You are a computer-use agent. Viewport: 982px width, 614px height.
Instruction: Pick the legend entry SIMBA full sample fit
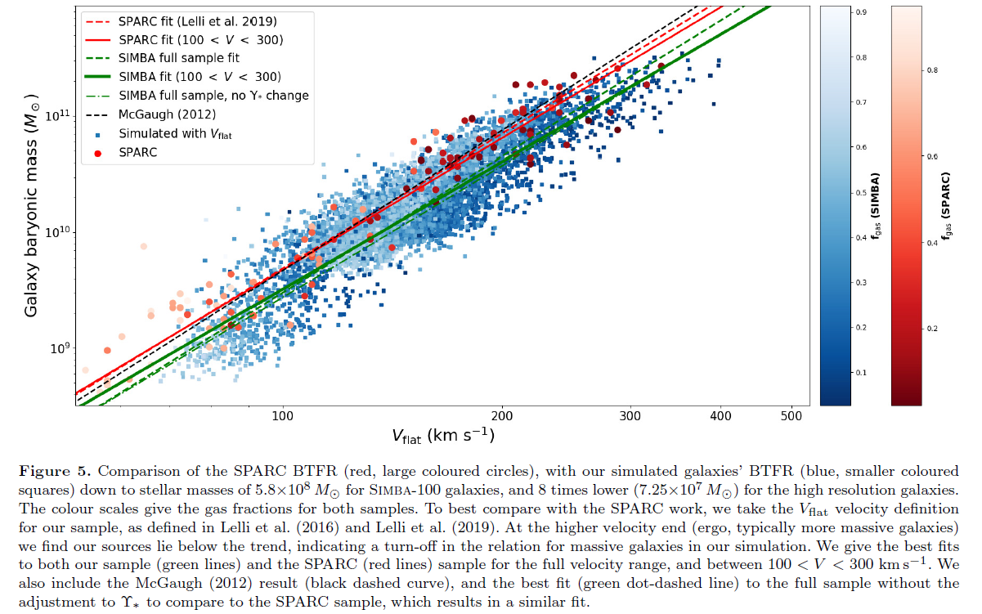click(x=179, y=58)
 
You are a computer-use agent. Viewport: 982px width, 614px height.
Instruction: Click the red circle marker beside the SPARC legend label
click(x=98, y=152)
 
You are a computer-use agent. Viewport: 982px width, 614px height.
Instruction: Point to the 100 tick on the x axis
click(x=283, y=417)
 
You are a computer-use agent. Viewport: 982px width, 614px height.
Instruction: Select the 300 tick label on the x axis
click(x=630, y=417)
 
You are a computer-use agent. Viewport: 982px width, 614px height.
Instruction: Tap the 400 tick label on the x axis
click(x=720, y=417)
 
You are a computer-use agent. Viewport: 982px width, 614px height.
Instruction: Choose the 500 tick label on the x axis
click(x=791, y=417)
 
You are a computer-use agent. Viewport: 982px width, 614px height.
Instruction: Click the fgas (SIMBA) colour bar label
click(x=876, y=204)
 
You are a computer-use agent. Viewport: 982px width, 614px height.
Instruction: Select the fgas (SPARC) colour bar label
click(x=947, y=204)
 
